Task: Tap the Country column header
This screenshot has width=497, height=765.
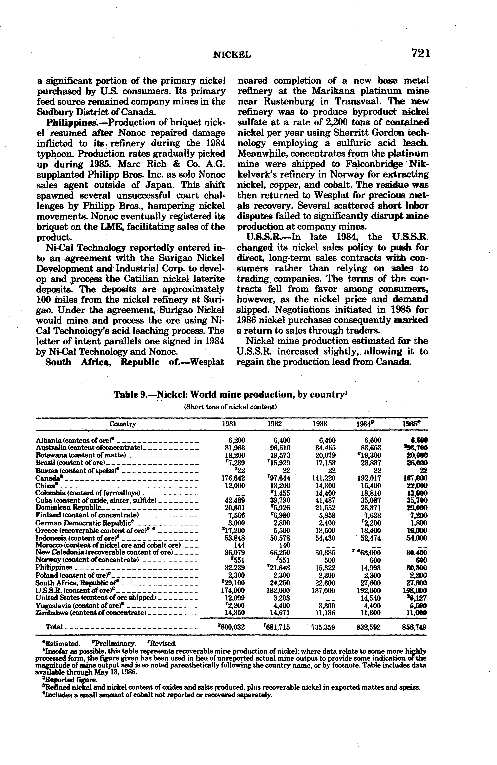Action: (123, 424)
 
